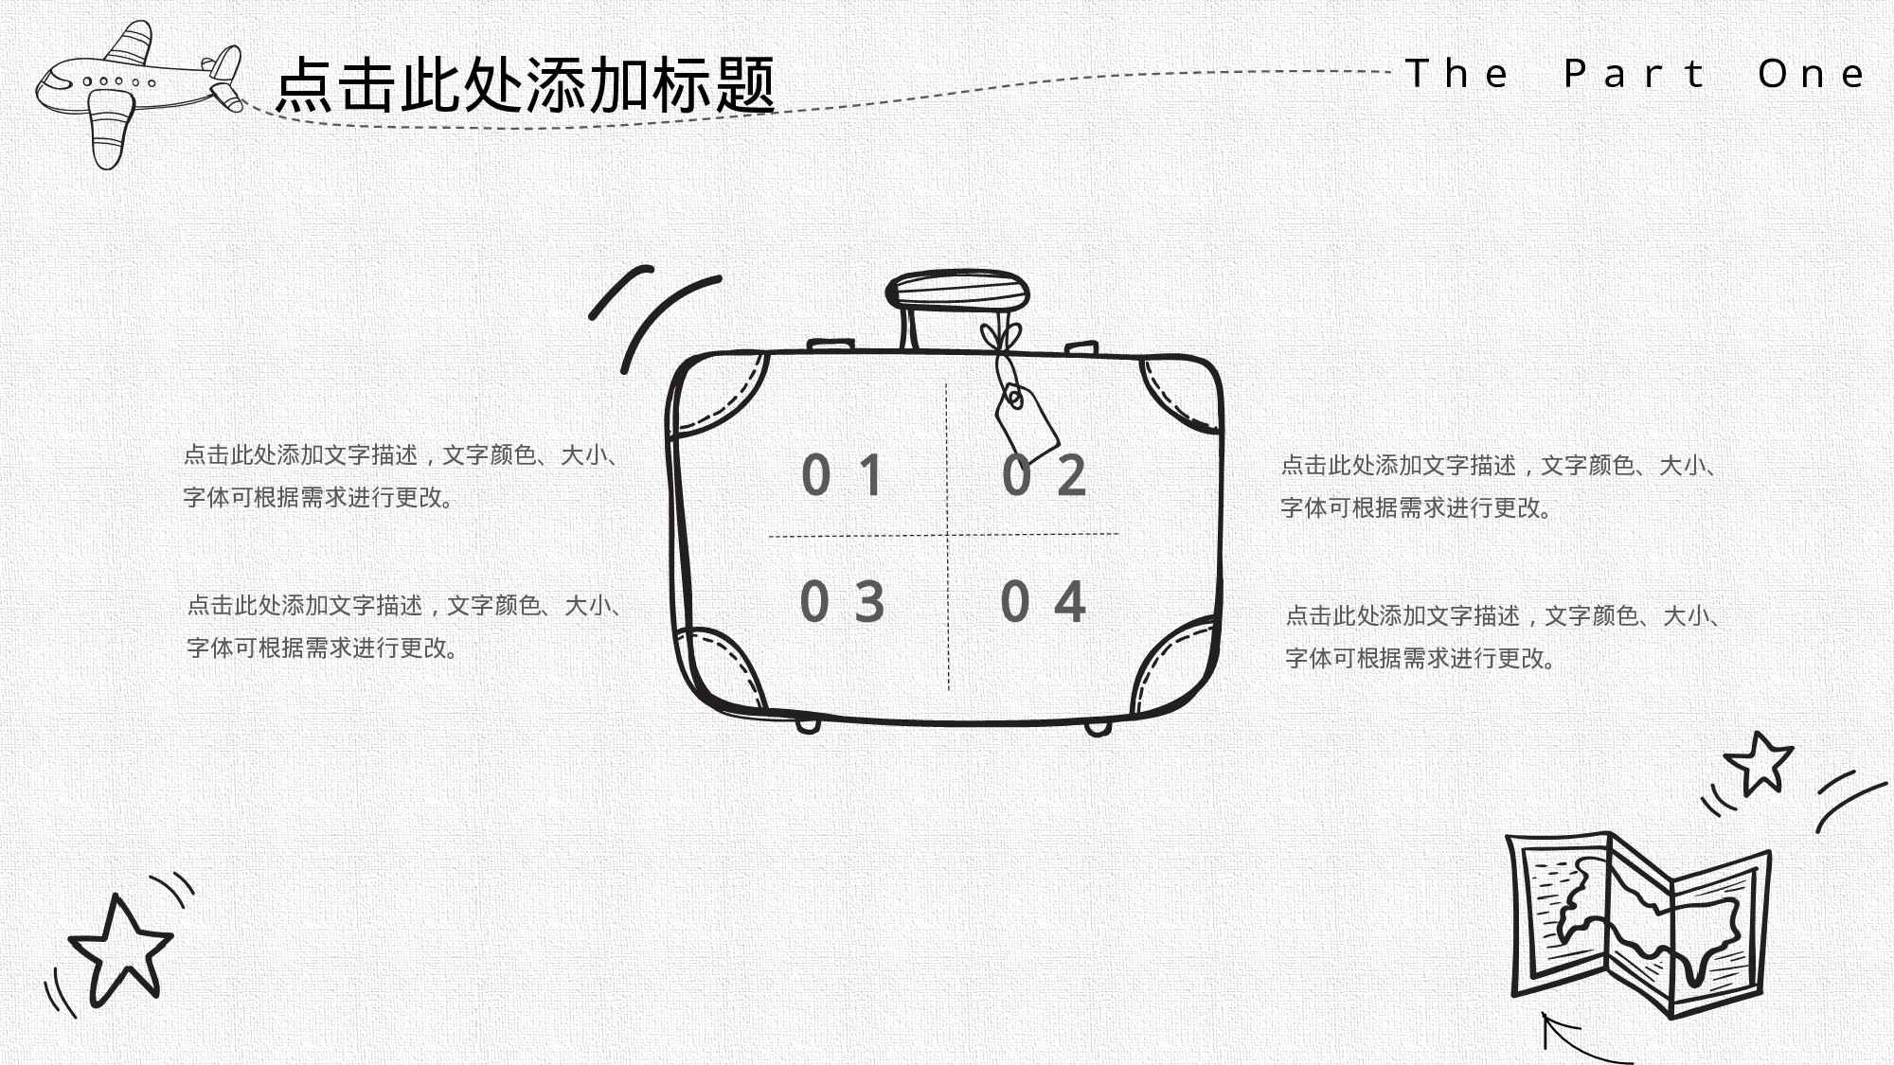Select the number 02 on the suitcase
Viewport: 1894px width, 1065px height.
click(x=1044, y=475)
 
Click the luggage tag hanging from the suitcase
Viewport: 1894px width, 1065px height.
click(x=1027, y=421)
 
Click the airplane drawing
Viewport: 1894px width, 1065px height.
click(x=133, y=90)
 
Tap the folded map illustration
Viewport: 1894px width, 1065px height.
click(x=1638, y=923)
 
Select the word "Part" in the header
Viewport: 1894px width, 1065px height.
click(x=1635, y=74)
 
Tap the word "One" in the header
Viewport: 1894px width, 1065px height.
click(x=1812, y=74)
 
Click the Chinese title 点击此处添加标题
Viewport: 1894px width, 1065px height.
click(x=526, y=85)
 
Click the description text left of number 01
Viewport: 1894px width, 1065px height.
click(x=402, y=476)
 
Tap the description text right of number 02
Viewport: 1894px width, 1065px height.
click(x=1500, y=487)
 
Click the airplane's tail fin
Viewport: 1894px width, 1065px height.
click(x=225, y=64)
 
